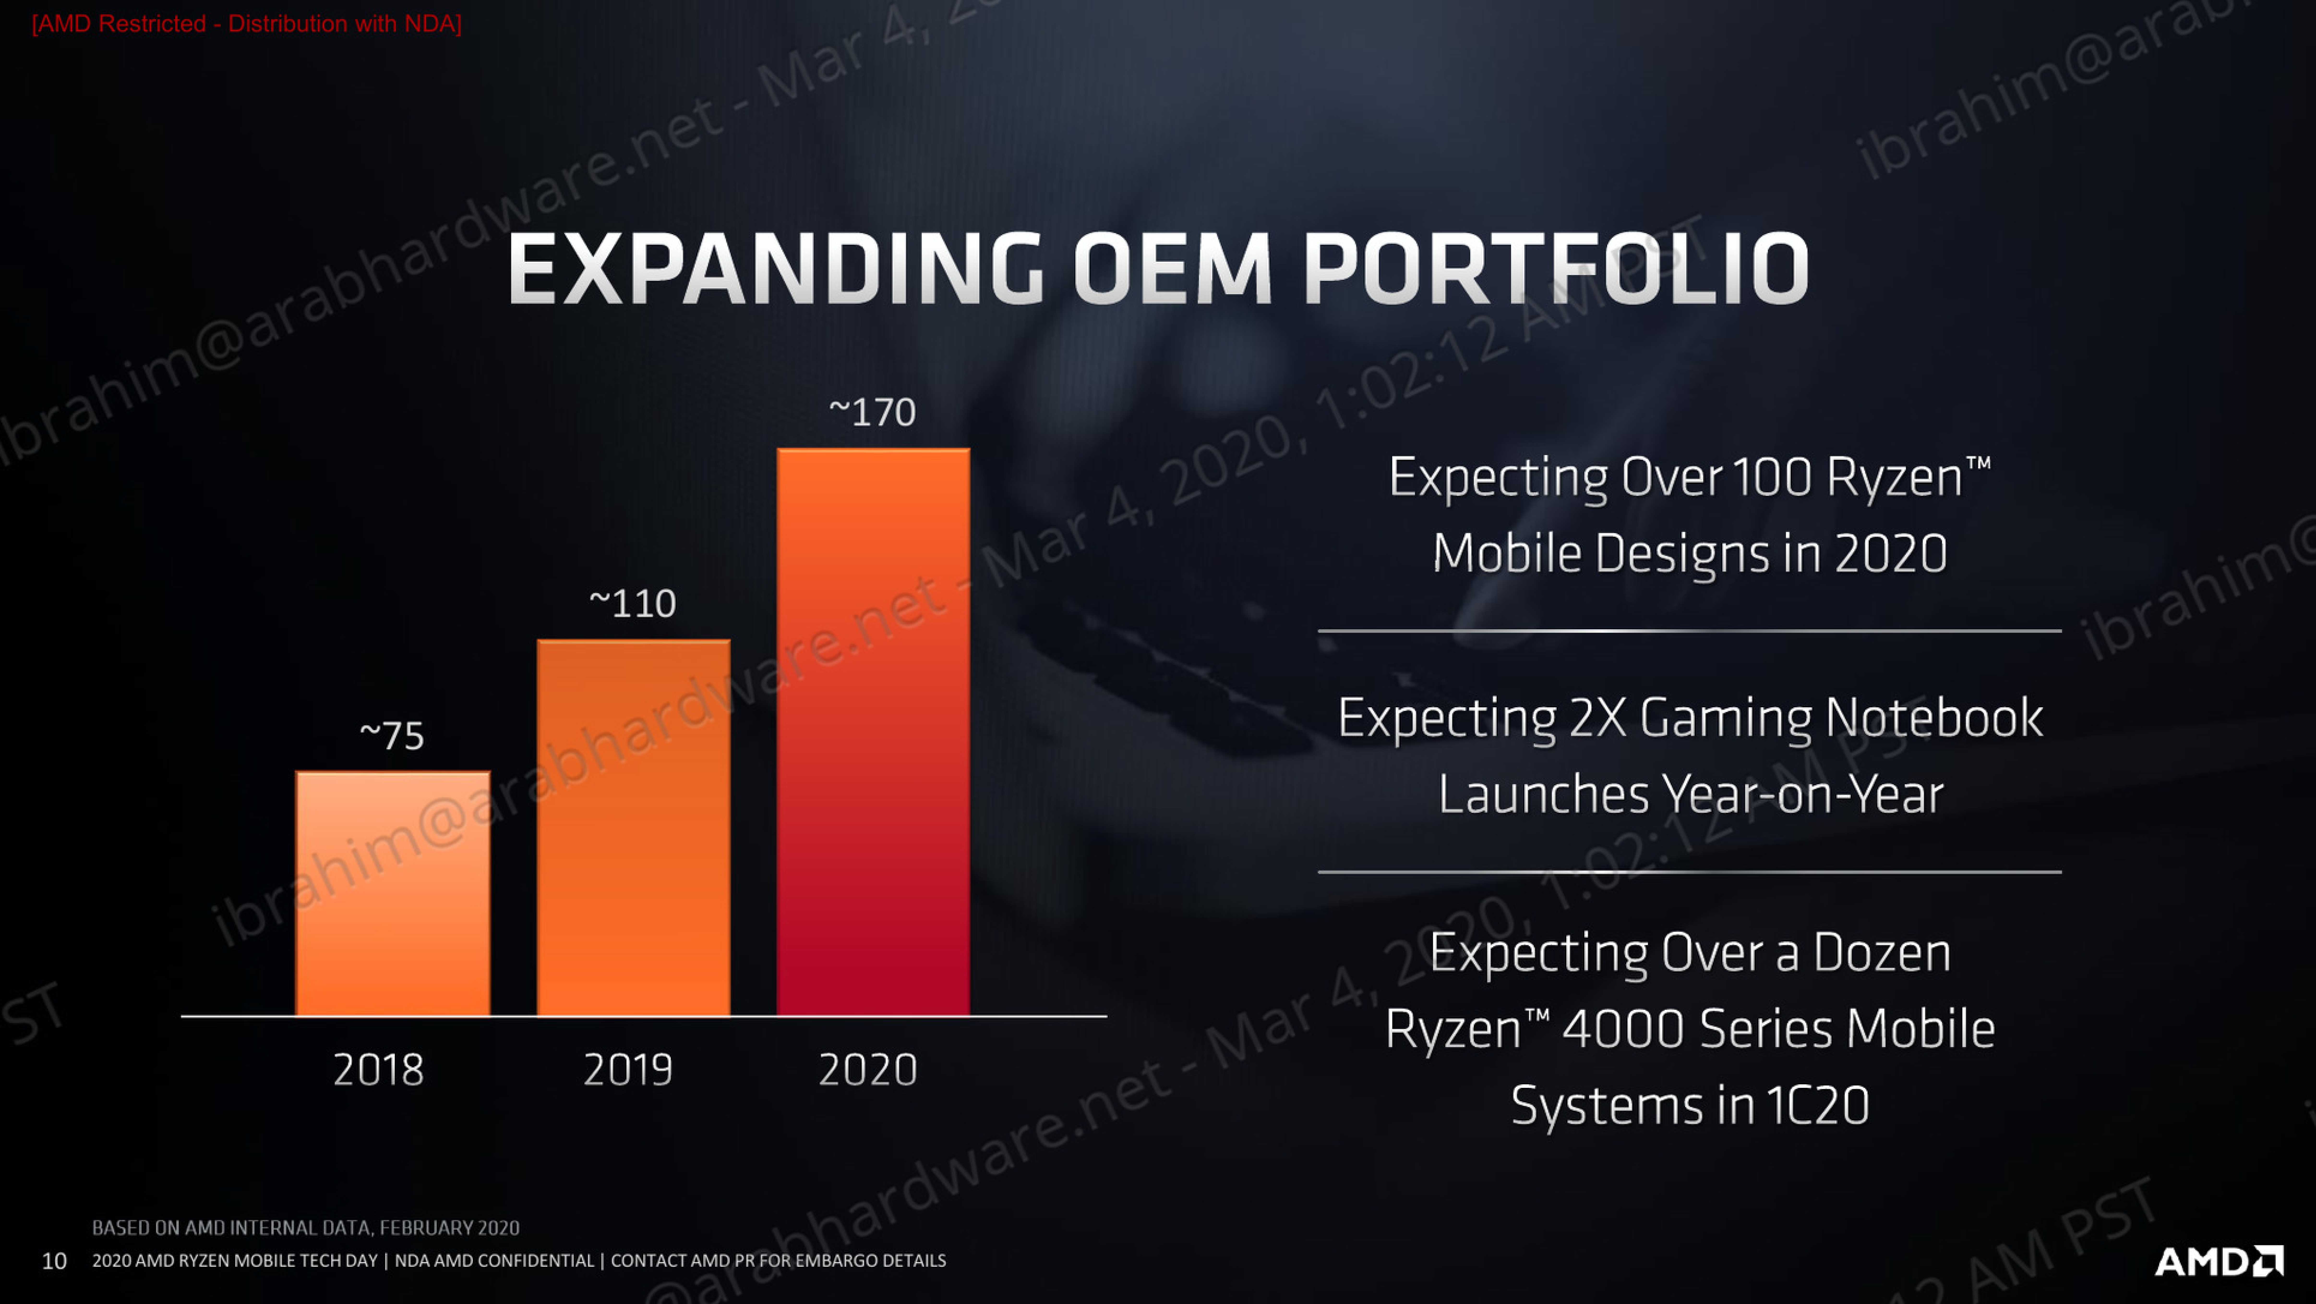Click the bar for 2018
tap(393, 893)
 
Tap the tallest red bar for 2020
tap(873, 732)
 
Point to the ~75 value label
tap(392, 736)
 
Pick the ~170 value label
tap(872, 412)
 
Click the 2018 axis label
tap(378, 1069)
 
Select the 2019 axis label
tap(628, 1069)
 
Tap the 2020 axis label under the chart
tap(868, 1069)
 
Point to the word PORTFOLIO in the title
tap(1555, 269)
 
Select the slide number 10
tap(54, 1261)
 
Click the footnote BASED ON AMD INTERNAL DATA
tap(306, 1228)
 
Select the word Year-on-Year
tap(1803, 794)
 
